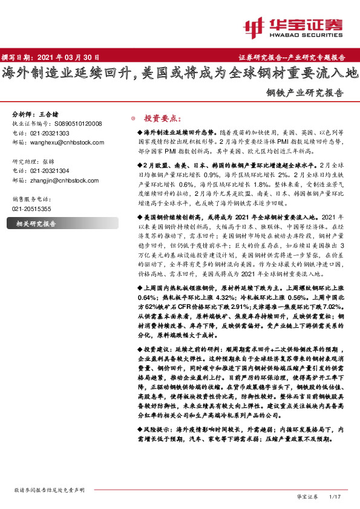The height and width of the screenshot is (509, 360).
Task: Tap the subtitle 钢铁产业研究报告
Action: coord(305,94)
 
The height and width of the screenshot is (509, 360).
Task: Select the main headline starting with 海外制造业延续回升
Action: coord(180,74)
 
